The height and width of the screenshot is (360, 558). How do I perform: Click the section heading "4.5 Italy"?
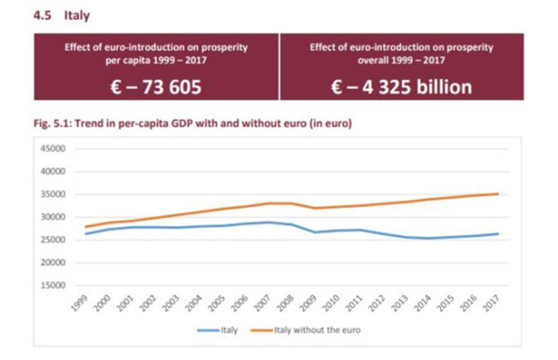tap(61, 16)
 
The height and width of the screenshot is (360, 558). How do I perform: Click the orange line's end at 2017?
tap(498, 194)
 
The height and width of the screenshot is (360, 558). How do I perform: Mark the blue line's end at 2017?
tap(498, 233)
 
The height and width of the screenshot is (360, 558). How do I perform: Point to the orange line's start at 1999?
tap(86, 227)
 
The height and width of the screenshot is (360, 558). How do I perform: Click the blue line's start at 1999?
tap(86, 233)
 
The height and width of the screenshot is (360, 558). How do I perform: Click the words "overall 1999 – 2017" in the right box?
tap(401, 60)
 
